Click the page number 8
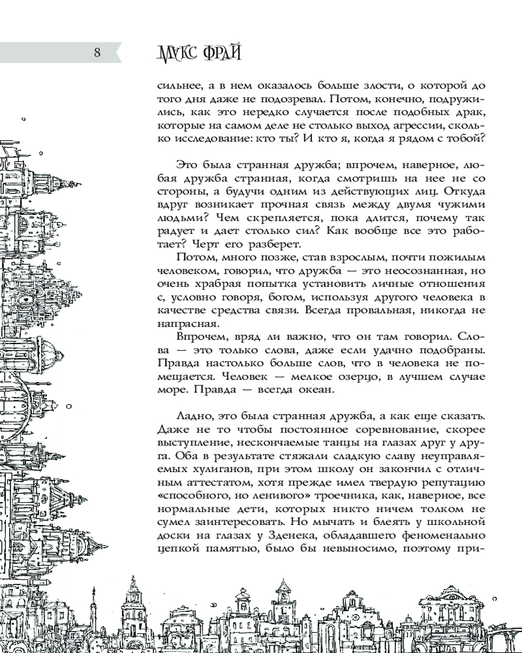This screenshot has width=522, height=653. pos(97,53)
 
